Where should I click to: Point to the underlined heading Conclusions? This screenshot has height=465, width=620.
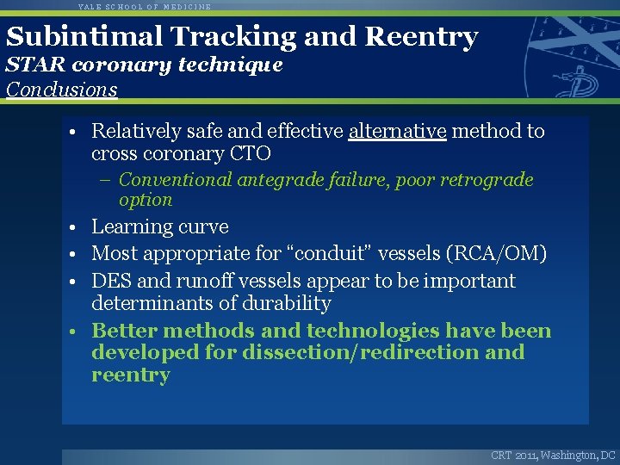click(x=61, y=90)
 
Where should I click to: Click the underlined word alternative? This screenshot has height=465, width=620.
click(x=397, y=131)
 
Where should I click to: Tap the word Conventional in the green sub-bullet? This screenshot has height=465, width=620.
click(x=176, y=180)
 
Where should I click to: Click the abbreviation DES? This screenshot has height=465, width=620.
click(x=110, y=282)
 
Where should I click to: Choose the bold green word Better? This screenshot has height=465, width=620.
click(x=124, y=331)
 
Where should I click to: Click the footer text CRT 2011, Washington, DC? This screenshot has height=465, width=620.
click(x=553, y=455)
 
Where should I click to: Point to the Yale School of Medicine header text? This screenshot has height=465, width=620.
click(x=144, y=6)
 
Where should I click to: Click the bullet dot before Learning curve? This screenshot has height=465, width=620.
click(x=76, y=228)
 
